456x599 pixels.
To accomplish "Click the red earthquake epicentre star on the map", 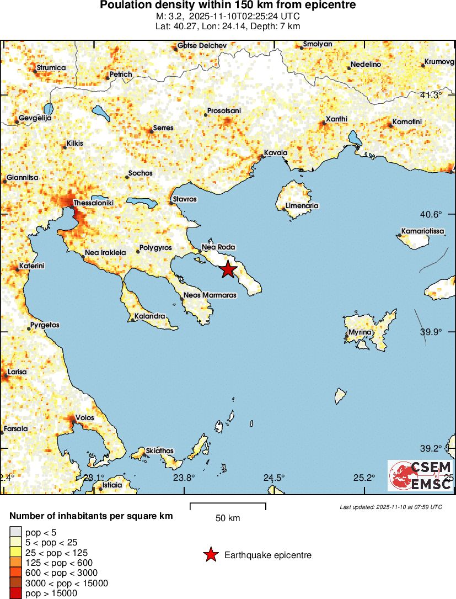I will (228, 270).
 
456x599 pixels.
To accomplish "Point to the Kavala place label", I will (276, 153).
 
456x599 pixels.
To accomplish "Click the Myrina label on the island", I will (360, 333).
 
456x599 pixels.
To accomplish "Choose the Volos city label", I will (85, 418).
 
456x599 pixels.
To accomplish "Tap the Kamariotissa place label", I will (422, 231).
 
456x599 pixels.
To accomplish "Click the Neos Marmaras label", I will (210, 295).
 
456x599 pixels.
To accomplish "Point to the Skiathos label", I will (160, 451).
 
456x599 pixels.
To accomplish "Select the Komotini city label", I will (407, 121).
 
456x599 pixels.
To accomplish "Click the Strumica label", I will (51, 68).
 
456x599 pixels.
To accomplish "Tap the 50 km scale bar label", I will (228, 518).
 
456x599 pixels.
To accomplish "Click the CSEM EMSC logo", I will (420, 475).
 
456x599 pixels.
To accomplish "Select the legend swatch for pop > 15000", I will (15, 593).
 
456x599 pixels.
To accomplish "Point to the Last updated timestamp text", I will (391, 507).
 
